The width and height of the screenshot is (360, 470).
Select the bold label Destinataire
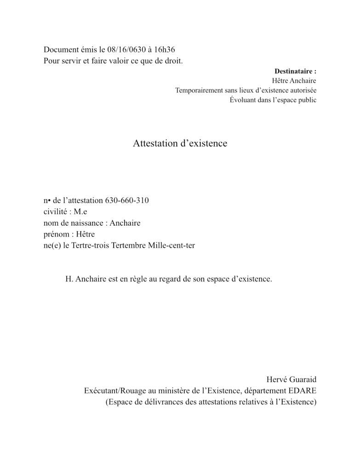(x=295, y=71)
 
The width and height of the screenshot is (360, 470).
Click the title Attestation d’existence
(x=180, y=144)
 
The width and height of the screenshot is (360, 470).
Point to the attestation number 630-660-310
(x=127, y=201)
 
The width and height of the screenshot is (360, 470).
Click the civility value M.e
(x=80, y=212)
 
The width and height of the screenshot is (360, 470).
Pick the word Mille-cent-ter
(x=171, y=246)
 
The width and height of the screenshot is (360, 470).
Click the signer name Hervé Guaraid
(x=291, y=379)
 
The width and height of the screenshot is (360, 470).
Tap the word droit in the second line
(x=172, y=61)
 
